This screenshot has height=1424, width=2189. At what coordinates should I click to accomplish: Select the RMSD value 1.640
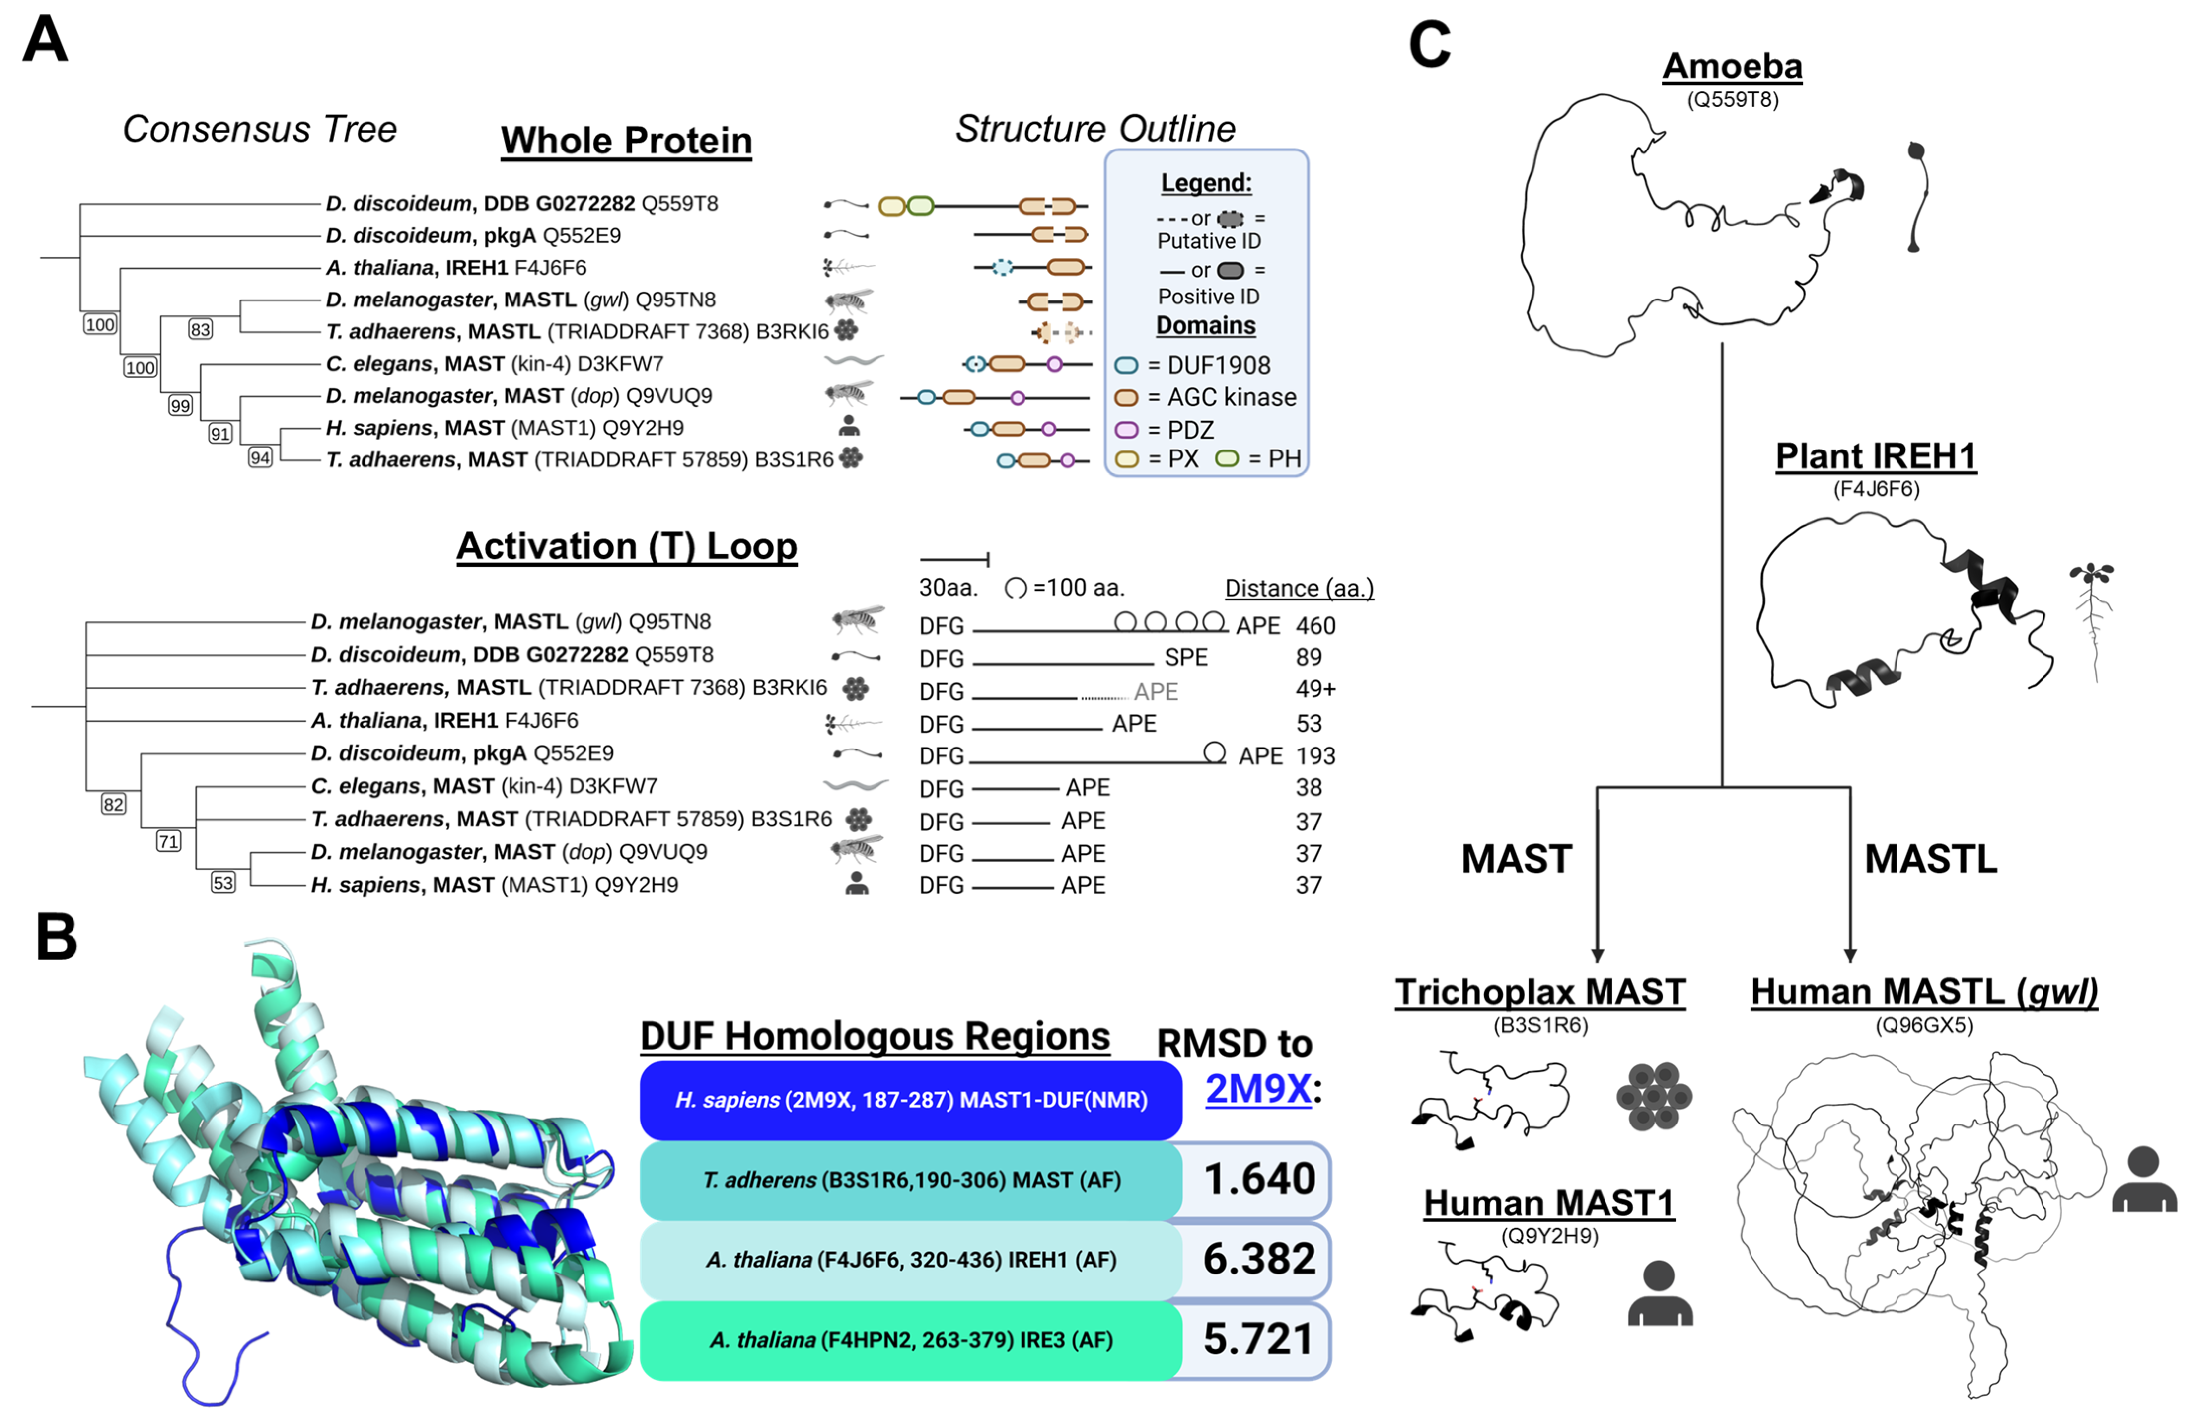click(x=1259, y=1179)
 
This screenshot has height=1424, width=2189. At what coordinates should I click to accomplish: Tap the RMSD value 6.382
click(x=1259, y=1259)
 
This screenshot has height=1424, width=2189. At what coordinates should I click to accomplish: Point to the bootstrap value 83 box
click(x=200, y=329)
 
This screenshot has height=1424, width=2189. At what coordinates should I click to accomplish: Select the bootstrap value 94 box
click(x=260, y=457)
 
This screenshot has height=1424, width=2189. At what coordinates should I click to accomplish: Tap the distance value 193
click(x=1315, y=756)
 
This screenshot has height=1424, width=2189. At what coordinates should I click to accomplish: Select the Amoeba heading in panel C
click(x=1732, y=67)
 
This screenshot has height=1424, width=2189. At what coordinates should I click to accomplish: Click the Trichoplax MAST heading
click(x=1539, y=992)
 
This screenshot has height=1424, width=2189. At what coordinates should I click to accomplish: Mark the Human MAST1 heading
click(x=1549, y=1203)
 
